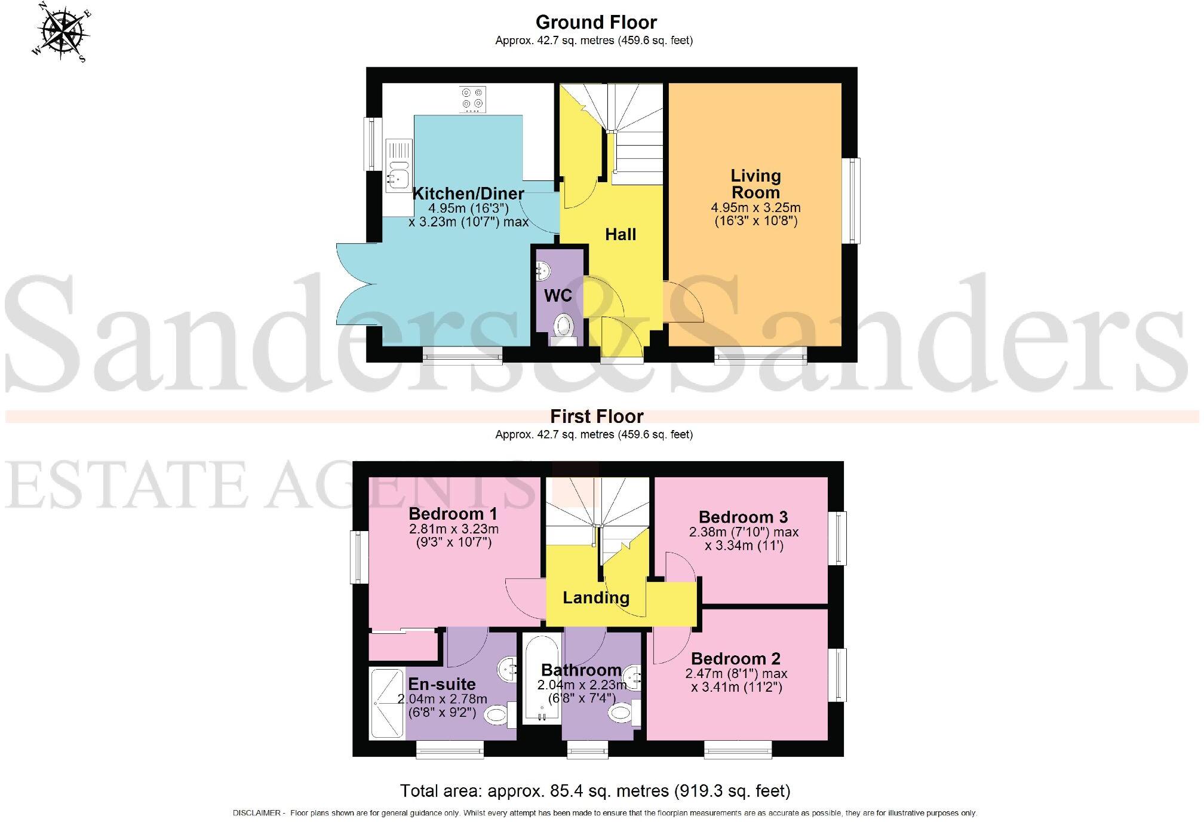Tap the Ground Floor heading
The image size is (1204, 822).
[x=595, y=22]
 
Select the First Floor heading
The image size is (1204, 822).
[x=596, y=416]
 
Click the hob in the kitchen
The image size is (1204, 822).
[x=472, y=99]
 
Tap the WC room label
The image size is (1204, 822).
[x=558, y=295]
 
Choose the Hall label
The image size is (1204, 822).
[x=620, y=234]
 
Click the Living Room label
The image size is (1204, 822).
[x=755, y=184]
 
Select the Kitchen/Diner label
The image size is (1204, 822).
[x=468, y=194]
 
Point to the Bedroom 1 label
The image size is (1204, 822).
[x=453, y=514]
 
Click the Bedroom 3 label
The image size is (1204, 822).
[x=743, y=517]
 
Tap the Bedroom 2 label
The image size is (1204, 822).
[x=735, y=658]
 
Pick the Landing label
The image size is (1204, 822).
[x=595, y=597]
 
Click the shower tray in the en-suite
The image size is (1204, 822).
[x=386, y=703]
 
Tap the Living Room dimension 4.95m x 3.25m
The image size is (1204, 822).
[x=755, y=208]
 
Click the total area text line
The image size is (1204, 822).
[x=595, y=791]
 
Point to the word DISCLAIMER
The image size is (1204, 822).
[x=256, y=813]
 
